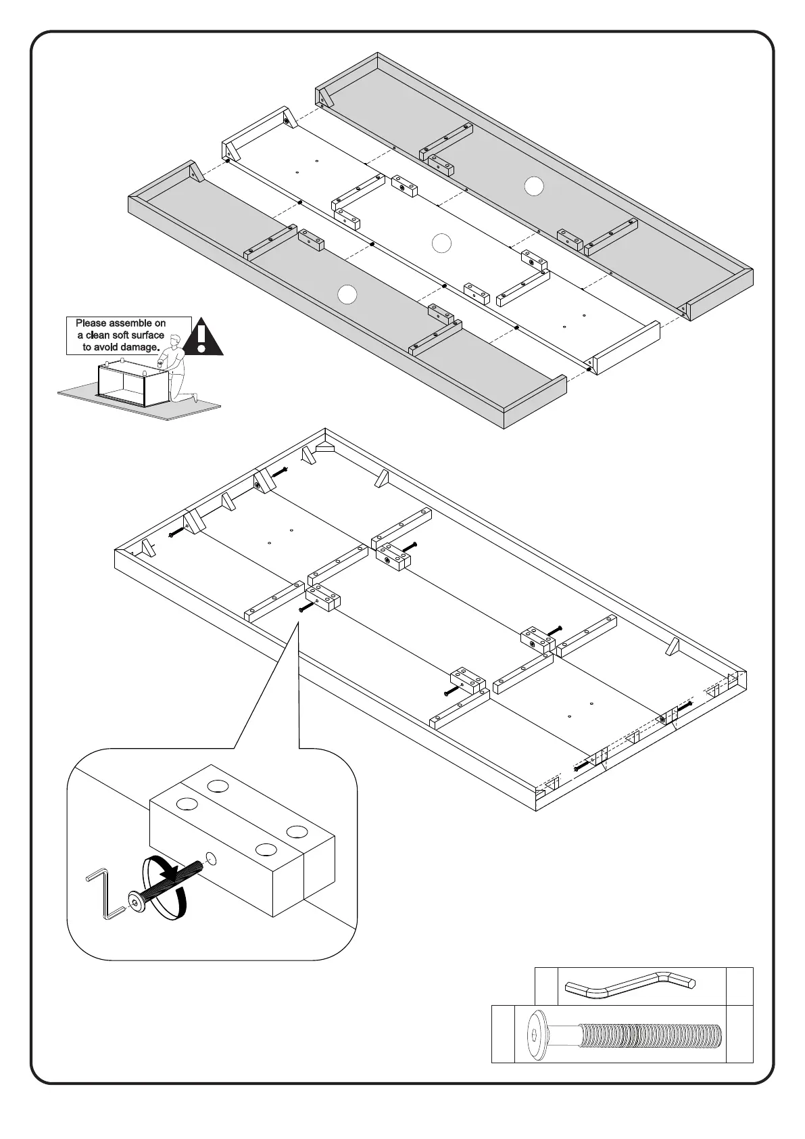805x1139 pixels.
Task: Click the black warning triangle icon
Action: [203, 338]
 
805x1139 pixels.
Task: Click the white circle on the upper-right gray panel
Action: [534, 185]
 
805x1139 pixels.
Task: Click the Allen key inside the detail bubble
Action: [105, 893]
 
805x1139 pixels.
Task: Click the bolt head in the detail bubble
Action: [136, 900]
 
